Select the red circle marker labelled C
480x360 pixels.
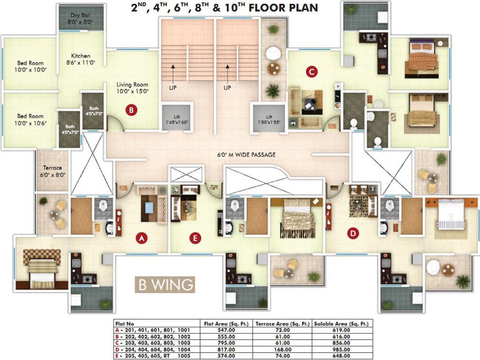click(311, 72)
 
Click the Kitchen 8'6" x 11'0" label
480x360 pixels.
click(81, 59)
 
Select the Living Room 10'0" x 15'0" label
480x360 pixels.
click(133, 88)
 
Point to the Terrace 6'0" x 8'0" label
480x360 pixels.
click(52, 171)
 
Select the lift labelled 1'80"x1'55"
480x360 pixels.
click(269, 120)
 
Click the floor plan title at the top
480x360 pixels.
click(225, 8)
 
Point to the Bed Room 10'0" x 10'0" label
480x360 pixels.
click(30, 66)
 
